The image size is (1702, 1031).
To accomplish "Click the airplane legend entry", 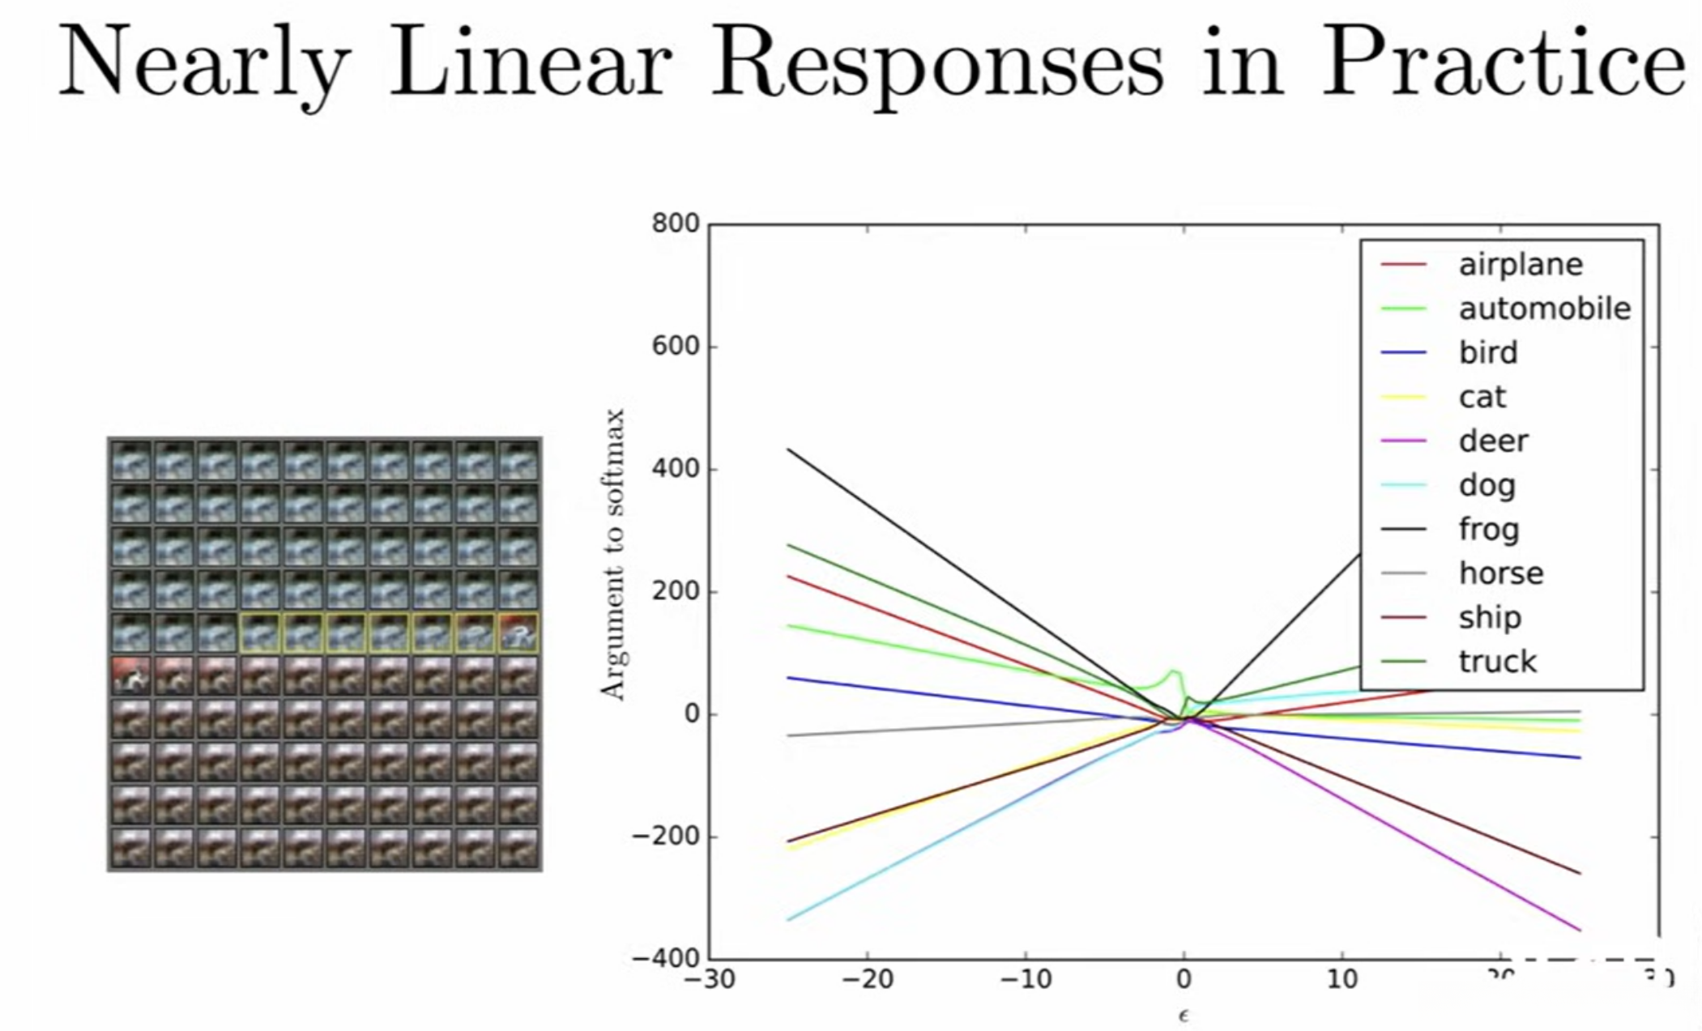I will click(x=1520, y=265).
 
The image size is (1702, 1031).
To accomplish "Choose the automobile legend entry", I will click(x=1544, y=309).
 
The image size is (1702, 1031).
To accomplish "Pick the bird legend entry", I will click(x=1488, y=353).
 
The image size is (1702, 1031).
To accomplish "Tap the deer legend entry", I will click(x=1493, y=441).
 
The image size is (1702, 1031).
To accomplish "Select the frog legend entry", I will click(x=1488, y=530).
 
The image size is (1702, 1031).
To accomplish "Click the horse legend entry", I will click(x=1500, y=573).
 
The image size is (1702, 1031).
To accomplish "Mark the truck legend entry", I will click(x=1497, y=662).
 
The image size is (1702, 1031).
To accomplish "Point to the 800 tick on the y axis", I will click(x=676, y=224).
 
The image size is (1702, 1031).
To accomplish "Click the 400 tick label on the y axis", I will click(x=676, y=469).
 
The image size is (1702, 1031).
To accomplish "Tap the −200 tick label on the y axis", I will click(x=667, y=837).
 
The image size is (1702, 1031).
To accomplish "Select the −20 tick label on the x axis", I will click(x=867, y=980).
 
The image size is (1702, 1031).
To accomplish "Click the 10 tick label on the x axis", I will click(x=1342, y=980).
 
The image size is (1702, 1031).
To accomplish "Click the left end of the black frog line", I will click(x=788, y=449).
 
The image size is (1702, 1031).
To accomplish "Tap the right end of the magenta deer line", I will click(x=1580, y=930).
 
